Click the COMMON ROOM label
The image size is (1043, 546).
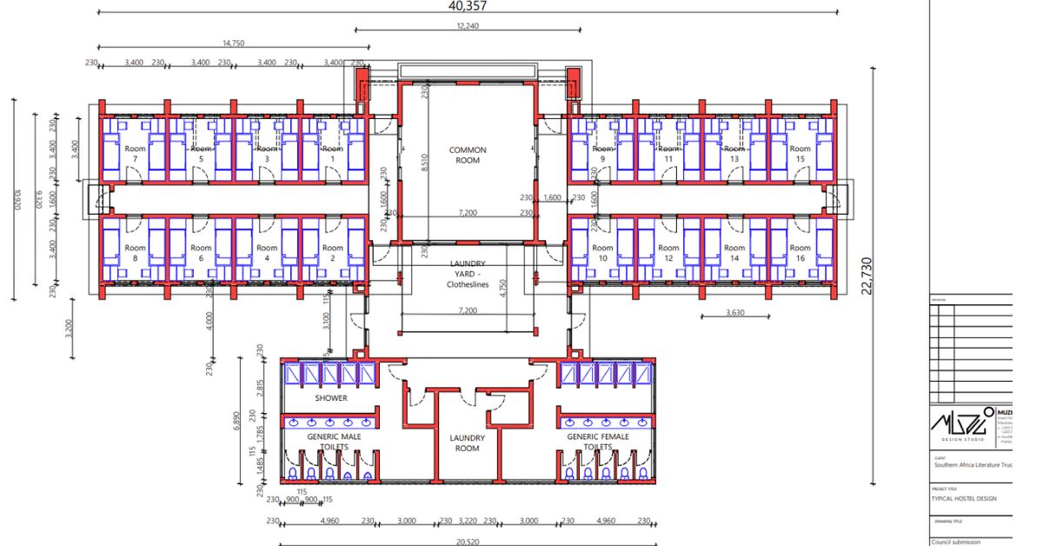coord(468,155)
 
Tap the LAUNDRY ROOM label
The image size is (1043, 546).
coord(468,443)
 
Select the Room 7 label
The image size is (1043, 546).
coord(136,154)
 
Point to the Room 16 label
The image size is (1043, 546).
coord(801,253)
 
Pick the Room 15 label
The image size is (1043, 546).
coord(801,154)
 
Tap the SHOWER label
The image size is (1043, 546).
coord(331,398)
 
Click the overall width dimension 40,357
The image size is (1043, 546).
coord(468,6)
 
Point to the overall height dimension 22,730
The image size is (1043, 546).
coord(867,275)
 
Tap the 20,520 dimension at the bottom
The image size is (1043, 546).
coord(468,541)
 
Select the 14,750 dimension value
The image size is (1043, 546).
coord(233,43)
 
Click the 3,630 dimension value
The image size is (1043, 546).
coord(735,313)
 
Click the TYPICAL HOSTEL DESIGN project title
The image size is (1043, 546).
coord(965,499)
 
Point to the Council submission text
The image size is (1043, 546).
coord(955,541)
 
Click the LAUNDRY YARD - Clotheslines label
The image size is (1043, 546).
coord(468,273)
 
